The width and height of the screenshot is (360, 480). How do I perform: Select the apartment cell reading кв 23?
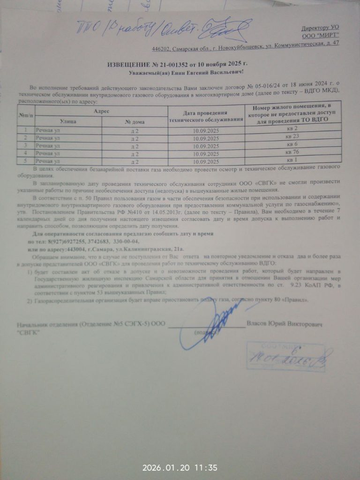pos(292,136)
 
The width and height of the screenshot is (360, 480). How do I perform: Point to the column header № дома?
pos(135,122)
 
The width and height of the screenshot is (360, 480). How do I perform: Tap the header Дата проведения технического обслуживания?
pos(206,116)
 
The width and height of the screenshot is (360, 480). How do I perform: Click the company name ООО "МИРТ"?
pos(321,36)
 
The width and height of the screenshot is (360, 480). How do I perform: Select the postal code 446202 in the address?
pos(160,49)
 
